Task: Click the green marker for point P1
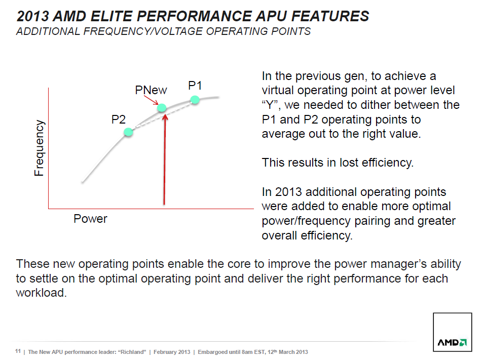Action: (x=195, y=100)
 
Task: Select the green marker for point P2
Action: (x=128, y=132)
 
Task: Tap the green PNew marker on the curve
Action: (x=162, y=107)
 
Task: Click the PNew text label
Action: (x=151, y=90)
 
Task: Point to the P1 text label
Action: (x=195, y=85)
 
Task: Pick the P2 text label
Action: (x=119, y=119)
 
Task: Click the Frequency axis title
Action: (x=39, y=148)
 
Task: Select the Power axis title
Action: (x=90, y=219)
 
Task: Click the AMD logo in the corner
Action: (x=452, y=342)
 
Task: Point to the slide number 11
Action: (x=18, y=351)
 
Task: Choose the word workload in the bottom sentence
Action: (x=41, y=293)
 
